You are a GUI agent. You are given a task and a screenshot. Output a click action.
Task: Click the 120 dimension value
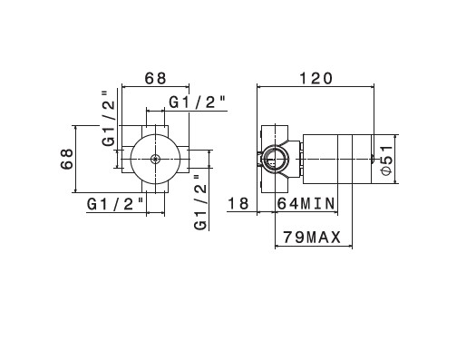[316, 78]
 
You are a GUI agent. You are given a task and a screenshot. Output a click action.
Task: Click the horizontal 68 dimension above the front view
[155, 78]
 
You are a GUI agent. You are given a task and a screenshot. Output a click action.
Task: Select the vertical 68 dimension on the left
[67, 159]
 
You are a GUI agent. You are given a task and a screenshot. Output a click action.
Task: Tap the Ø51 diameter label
[386, 160]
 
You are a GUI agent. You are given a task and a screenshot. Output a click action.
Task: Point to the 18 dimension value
[238, 203]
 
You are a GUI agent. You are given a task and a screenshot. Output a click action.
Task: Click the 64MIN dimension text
[306, 203]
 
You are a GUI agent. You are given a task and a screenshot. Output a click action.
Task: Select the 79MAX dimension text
[312, 237]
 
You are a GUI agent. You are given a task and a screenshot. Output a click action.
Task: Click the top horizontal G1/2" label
[198, 102]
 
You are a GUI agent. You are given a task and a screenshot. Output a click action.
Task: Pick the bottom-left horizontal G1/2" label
[115, 204]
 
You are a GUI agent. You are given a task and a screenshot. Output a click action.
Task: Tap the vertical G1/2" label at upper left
[109, 119]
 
